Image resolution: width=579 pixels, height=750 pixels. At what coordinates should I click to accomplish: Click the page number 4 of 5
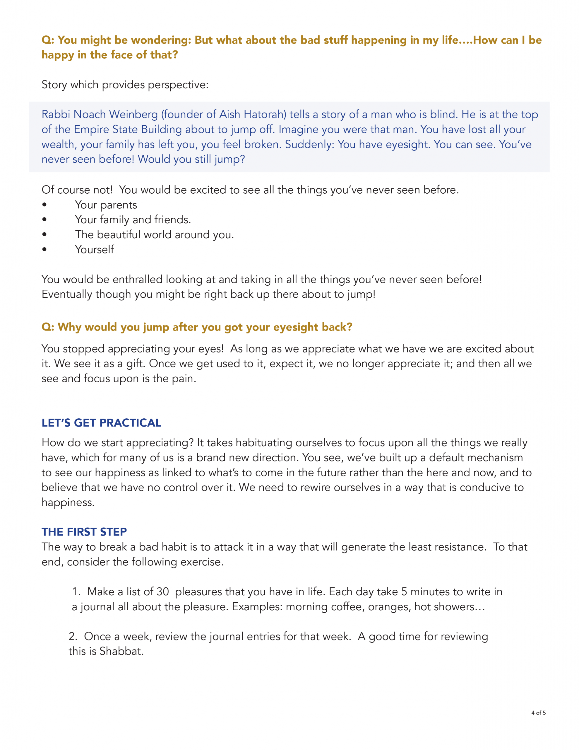pos(538,712)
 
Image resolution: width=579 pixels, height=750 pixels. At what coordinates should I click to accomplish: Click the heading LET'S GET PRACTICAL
pos(101,423)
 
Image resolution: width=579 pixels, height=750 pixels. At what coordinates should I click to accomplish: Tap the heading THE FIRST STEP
pos(84,532)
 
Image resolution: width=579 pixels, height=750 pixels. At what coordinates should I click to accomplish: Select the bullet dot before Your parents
pos(44,205)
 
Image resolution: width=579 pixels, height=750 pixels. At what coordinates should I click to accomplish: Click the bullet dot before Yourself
pos(44,250)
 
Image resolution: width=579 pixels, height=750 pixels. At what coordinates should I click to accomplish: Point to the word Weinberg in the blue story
pos(133,114)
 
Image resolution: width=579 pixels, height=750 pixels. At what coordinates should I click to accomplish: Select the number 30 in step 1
pos(163,592)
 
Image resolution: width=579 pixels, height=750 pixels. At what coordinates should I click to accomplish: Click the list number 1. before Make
pos(76,592)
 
